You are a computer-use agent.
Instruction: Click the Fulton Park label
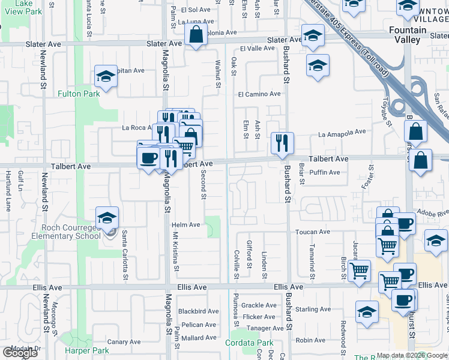click(x=79, y=94)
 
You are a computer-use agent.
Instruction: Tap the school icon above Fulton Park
click(x=106, y=77)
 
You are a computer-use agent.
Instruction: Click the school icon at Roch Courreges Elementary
click(x=107, y=218)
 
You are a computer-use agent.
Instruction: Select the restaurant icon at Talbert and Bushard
click(x=282, y=143)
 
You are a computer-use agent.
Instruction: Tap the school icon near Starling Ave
click(x=367, y=312)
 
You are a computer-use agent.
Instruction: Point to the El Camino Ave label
click(x=259, y=94)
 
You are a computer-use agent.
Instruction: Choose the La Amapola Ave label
click(x=342, y=133)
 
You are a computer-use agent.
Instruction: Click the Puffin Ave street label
click(x=324, y=173)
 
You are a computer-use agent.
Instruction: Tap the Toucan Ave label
click(x=312, y=232)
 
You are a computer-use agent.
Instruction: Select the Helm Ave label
click(x=185, y=225)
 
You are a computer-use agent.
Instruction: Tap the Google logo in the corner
click(x=20, y=352)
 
